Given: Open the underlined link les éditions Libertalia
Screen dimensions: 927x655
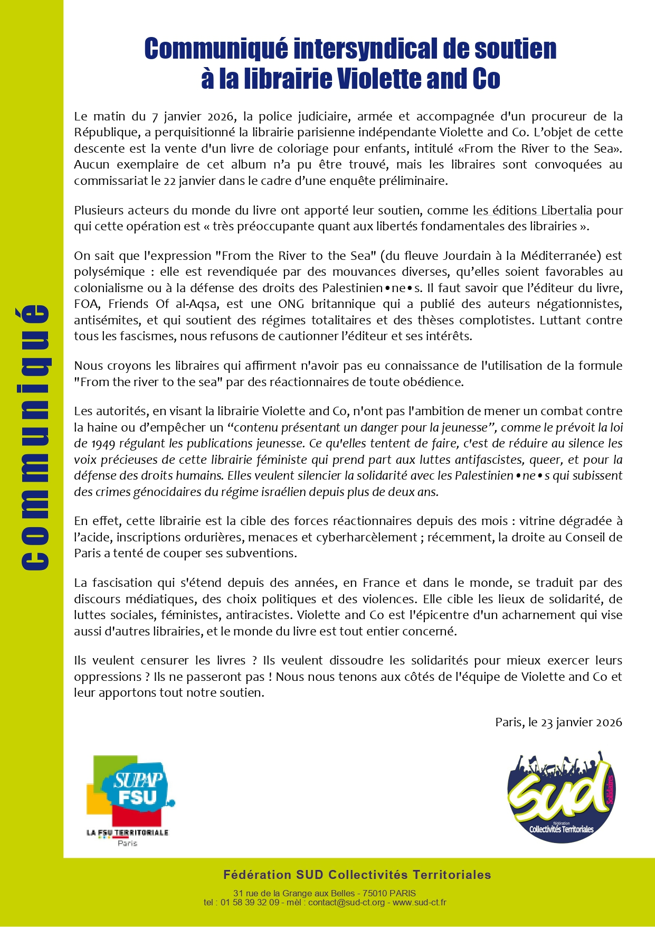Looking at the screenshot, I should pyautogui.click(x=532, y=210).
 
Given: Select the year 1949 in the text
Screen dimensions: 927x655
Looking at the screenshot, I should pyautogui.click(x=103, y=443).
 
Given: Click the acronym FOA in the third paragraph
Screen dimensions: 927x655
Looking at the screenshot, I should pyautogui.click(x=86, y=304).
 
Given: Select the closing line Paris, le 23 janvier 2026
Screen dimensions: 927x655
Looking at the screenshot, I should pyautogui.click(x=558, y=722).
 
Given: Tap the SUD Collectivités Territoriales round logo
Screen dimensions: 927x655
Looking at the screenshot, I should pyautogui.click(x=561, y=797).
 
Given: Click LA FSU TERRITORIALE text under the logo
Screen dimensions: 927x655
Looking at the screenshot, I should pyautogui.click(x=127, y=832).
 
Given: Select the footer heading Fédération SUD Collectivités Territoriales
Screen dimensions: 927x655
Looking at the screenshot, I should pyautogui.click(x=357, y=875).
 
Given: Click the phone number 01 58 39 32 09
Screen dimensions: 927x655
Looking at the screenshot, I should pyautogui.click(x=250, y=902).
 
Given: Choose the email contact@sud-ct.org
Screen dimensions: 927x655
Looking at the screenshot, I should pyautogui.click(x=346, y=902).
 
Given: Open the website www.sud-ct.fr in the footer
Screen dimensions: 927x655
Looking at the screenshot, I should pyautogui.click(x=419, y=902).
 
